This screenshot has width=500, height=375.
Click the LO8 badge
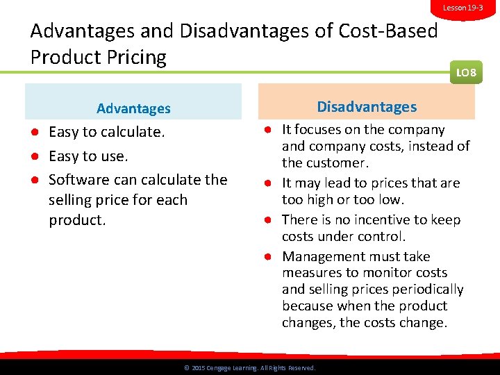pos(466,72)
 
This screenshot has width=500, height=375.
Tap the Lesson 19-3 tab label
pos(463,8)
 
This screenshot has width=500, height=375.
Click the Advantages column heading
pos(133,108)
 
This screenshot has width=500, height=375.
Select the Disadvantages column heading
pos(367,106)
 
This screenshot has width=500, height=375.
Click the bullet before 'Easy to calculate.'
pos(34,132)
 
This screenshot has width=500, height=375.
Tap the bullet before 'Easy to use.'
pos(34,156)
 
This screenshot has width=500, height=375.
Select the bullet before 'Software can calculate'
pos(34,180)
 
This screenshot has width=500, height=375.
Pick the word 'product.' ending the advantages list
pos(77,220)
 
